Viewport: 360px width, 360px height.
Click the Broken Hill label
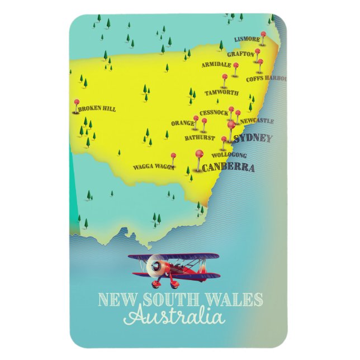pyautogui.click(x=97, y=109)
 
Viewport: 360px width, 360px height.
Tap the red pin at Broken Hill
pyautogui.click(x=77, y=103)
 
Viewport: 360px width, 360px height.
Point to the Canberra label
pyautogui.click(x=228, y=168)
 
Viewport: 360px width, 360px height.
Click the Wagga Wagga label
pyautogui.click(x=153, y=167)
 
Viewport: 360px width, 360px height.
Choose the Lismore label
pyautogui.click(x=247, y=40)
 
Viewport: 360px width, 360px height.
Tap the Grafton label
pyautogui.click(x=241, y=54)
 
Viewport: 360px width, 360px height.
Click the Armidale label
pyautogui.click(x=216, y=65)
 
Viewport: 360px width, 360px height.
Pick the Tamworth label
pyautogui.click(x=221, y=92)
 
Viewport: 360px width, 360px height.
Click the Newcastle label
pyautogui.click(x=257, y=121)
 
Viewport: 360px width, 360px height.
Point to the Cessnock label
pyautogui.click(x=214, y=113)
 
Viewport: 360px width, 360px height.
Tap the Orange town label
pyautogui.click(x=183, y=123)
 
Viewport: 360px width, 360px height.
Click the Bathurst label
pyautogui.click(x=200, y=137)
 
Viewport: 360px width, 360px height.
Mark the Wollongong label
pyautogui.click(x=229, y=155)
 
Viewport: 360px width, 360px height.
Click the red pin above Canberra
pyautogui.click(x=198, y=153)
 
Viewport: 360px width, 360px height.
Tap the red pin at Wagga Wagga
pyautogui.click(x=173, y=156)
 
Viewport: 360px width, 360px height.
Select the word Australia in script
pyautogui.click(x=174, y=317)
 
